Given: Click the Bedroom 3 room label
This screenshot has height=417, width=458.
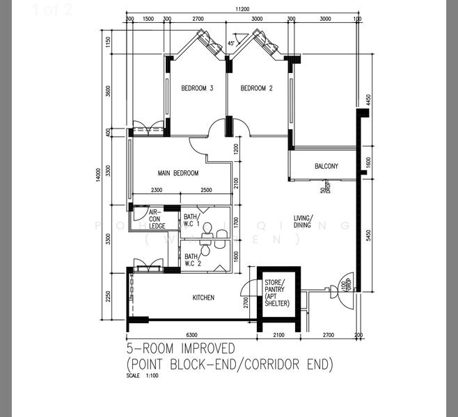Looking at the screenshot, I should tap(196, 88).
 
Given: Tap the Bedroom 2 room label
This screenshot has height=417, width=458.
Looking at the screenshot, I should tap(256, 88).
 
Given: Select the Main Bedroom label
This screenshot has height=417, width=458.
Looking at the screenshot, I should tap(178, 173).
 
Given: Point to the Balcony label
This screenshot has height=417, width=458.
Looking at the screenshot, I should tap(326, 166).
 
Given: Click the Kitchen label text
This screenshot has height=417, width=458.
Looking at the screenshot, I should tap(203, 297).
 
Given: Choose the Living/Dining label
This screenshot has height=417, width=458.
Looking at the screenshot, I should tap(303, 220).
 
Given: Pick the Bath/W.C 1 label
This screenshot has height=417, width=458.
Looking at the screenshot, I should tap(191, 221).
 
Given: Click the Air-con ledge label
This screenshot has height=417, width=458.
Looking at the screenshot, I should tap(156, 218).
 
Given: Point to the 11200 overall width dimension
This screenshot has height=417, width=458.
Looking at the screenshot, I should tap(242, 8).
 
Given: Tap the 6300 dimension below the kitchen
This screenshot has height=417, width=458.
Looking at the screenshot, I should tap(192, 335).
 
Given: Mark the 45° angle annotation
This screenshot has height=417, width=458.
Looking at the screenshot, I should tap(232, 44).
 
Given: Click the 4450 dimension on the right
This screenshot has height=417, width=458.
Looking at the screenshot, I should tap(368, 99).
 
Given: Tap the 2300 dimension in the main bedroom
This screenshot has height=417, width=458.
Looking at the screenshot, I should tap(156, 190).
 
